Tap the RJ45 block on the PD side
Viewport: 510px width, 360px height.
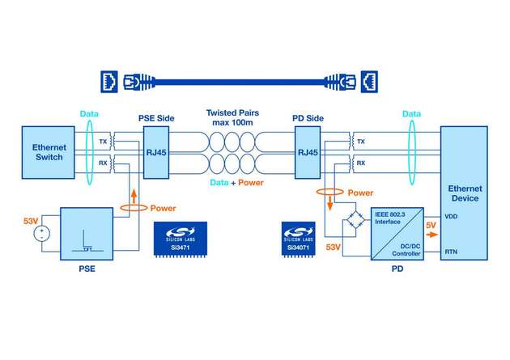(308, 150)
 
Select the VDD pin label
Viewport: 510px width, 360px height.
(451, 217)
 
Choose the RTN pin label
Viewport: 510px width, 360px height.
(451, 252)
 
